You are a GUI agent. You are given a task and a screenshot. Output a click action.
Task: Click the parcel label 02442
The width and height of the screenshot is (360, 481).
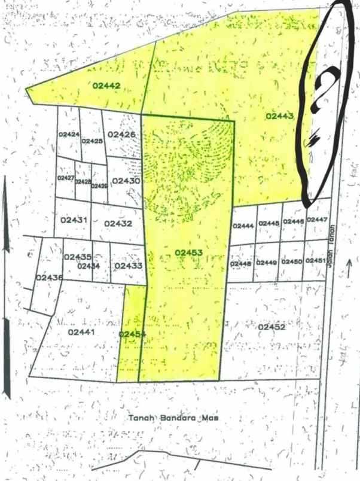pos(107,86)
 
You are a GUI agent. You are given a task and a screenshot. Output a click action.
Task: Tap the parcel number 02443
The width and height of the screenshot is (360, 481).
pos(279,115)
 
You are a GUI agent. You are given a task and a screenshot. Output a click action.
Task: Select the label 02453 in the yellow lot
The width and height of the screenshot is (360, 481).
pos(190,252)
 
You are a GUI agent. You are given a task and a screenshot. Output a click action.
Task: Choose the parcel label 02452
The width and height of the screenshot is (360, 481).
pos(271,327)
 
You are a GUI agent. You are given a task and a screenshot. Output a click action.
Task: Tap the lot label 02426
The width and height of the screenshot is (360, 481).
pos(122,135)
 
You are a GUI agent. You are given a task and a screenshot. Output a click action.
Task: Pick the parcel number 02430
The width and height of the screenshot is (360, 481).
pos(126,181)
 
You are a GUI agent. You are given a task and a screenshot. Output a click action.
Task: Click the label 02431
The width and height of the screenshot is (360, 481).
pos(75,220)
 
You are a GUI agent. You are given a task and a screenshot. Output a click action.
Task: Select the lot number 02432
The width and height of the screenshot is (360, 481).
pos(118,224)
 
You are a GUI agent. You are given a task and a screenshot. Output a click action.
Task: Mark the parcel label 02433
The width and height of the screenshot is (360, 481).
pos(127,266)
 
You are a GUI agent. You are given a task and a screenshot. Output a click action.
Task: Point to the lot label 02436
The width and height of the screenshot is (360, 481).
pos(49,278)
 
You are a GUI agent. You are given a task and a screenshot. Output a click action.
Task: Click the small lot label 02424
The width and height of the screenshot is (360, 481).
pos(69,134)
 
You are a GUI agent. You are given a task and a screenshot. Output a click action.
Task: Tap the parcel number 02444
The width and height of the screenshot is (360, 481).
pos(243,226)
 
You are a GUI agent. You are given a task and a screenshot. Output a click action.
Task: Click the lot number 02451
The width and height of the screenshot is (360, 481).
pos(315,261)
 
